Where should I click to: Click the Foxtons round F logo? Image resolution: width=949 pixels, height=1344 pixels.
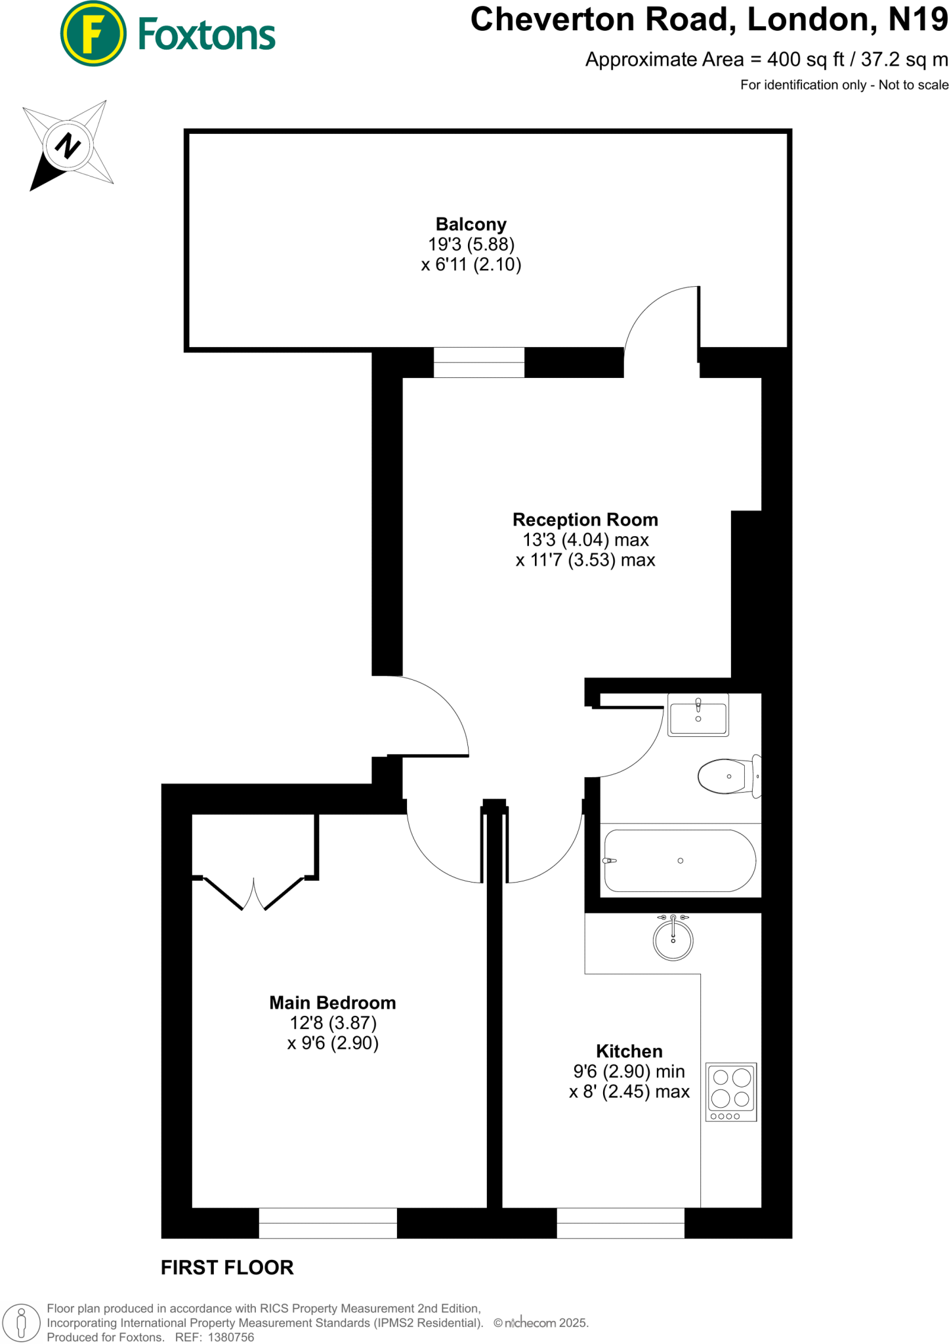[x=93, y=33]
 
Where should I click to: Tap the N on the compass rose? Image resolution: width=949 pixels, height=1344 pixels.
[x=67, y=145]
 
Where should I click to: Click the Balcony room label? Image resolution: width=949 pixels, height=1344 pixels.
[x=471, y=224]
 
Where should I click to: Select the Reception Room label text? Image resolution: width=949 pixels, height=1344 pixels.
[x=585, y=520]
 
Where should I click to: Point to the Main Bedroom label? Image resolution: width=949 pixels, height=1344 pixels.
[x=332, y=1003]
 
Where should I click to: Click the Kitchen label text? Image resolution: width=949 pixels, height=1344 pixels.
[x=629, y=1051]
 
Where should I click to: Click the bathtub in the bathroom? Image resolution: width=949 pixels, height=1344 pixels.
[x=680, y=860]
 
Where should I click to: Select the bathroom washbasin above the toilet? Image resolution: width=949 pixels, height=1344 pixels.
[x=698, y=715]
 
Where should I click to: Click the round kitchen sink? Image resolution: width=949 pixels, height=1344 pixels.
[x=673, y=940]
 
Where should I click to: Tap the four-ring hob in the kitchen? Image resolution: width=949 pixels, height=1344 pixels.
[x=731, y=1092]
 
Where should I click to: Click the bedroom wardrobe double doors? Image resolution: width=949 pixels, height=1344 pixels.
[x=254, y=893]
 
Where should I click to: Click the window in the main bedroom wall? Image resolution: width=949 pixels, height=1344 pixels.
[x=327, y=1223]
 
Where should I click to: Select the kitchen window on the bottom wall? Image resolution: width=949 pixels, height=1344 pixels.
[x=620, y=1223]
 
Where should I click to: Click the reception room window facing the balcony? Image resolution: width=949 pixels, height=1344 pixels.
[x=478, y=362]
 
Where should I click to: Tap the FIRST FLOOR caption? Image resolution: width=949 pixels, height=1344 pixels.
[x=227, y=1267]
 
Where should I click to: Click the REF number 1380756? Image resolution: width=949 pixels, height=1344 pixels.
[x=230, y=1337]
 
